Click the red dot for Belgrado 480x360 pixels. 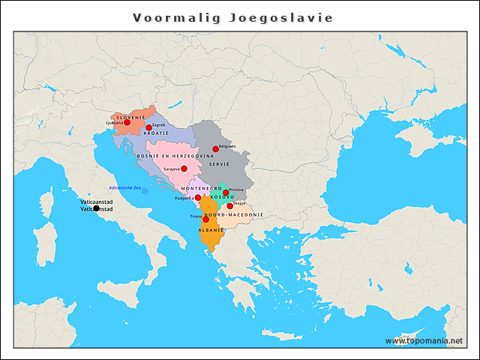(x=215, y=149)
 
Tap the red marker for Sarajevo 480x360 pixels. (x=184, y=169)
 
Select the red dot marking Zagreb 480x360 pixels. (x=148, y=128)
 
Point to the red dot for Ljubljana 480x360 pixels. (x=127, y=122)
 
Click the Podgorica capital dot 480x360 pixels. (x=198, y=198)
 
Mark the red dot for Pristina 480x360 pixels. (x=226, y=193)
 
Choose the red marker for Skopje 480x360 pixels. (x=229, y=205)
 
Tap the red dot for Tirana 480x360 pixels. (x=205, y=219)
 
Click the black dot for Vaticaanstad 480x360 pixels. (x=96, y=208)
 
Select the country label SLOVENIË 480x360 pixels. (x=130, y=117)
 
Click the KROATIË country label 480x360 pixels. (x=156, y=133)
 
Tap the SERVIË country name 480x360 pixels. (x=219, y=163)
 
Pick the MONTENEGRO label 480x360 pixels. (x=200, y=187)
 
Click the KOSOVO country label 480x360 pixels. (x=223, y=197)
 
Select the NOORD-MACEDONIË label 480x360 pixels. (x=233, y=214)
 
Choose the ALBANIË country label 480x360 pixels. (x=211, y=229)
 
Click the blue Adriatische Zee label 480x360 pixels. (x=124, y=187)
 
